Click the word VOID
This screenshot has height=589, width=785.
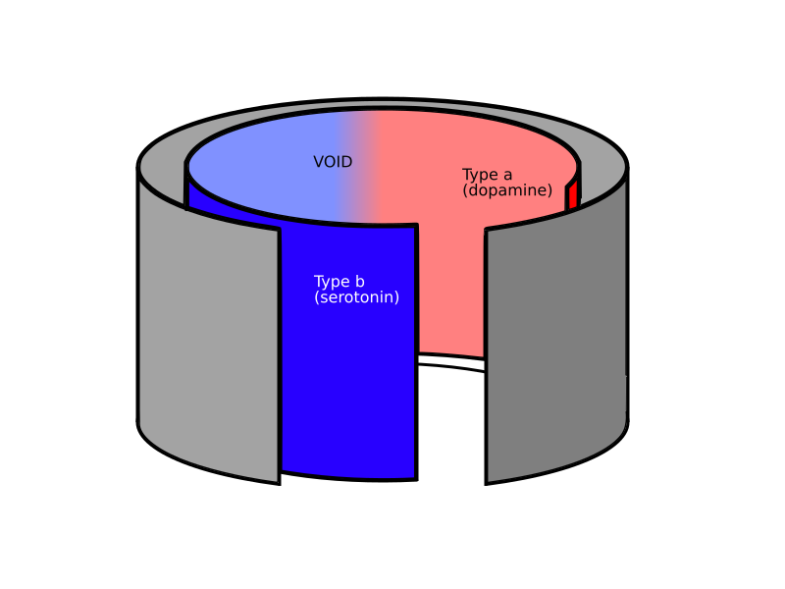coord(333,162)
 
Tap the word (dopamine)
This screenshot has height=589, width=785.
coord(507,190)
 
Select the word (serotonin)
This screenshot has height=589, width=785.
coord(356,297)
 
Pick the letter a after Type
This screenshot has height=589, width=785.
coord(507,176)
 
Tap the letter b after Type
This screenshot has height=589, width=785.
coord(359,281)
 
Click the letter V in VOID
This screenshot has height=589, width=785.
coord(319,162)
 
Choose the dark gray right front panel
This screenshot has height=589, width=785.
coord(555,326)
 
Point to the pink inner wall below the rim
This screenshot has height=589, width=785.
coord(450,291)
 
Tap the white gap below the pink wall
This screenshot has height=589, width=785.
coord(451,426)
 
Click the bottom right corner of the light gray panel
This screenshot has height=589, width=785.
coord(280,484)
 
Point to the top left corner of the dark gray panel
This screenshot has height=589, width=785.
coord(485,229)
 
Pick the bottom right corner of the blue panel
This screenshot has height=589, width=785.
coord(417,480)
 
